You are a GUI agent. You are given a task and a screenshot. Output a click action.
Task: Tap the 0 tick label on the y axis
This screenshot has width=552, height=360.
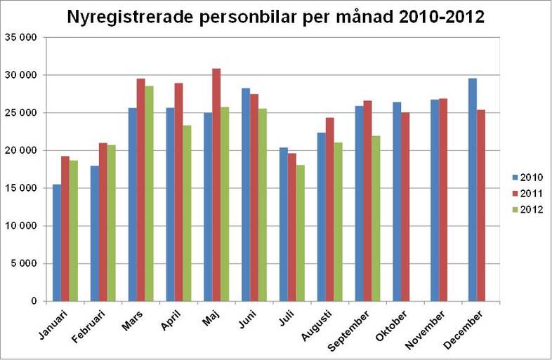pos(33,302)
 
